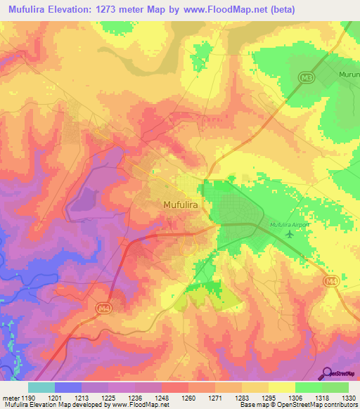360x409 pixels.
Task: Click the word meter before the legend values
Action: tap(11, 398)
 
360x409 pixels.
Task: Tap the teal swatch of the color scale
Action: tap(41, 387)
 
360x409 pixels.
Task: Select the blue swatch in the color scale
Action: tap(67, 387)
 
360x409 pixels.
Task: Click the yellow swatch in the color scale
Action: tap(281, 387)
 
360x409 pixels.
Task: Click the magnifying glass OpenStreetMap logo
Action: tap(326, 372)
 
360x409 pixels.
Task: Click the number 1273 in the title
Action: tap(131, 9)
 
